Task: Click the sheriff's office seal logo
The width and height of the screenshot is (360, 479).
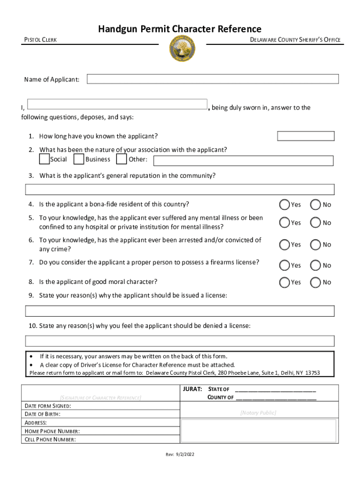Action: point(182,49)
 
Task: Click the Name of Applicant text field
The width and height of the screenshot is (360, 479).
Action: point(213,79)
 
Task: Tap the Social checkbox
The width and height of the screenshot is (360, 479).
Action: point(44,160)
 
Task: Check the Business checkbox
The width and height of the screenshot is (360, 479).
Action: point(79,160)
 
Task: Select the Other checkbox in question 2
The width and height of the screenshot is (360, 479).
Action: point(121,160)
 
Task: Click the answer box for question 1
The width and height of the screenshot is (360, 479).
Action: point(306,136)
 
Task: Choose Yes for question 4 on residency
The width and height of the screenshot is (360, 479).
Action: point(284,204)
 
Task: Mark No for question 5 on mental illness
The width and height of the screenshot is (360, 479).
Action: point(316,223)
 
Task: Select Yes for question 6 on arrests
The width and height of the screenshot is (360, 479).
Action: point(284,244)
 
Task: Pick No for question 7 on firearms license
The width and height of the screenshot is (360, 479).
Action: point(316,265)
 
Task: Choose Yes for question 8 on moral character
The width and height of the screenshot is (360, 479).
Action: point(284,282)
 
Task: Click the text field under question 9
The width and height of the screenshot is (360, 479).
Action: point(180,311)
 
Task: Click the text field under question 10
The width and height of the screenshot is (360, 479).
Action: point(180,341)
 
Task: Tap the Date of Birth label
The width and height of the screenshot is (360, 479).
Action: point(43,414)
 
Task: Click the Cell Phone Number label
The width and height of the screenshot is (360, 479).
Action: point(50,439)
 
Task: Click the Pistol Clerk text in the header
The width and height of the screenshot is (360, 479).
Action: point(41,40)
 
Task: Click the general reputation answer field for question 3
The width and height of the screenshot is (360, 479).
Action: point(180,189)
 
